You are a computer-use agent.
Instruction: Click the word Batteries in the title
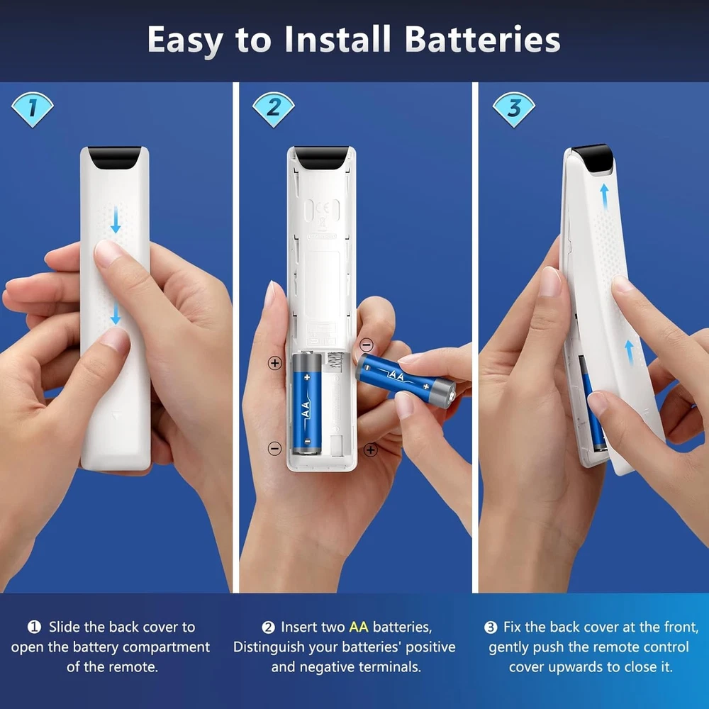coord(482,39)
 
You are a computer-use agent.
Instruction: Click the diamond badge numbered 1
coord(33,109)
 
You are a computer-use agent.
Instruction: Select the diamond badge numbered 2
coord(274,109)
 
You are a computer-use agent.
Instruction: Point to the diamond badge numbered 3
coord(513,109)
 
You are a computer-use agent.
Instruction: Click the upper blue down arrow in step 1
coord(116,220)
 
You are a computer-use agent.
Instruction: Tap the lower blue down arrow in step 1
coord(116,313)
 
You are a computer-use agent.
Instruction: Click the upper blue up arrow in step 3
coord(604,196)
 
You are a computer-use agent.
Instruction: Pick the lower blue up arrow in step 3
coord(629,352)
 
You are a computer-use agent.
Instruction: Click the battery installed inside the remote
coord(306,403)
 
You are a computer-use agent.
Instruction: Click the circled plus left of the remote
coord(275,362)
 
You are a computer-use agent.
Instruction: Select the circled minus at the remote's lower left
coord(275,449)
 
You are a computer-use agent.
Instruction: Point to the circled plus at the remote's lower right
coord(371,450)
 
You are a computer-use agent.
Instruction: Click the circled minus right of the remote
coord(367,345)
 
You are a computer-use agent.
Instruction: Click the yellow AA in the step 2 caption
coord(359,627)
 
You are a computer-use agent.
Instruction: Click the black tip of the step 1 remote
coord(114,157)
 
